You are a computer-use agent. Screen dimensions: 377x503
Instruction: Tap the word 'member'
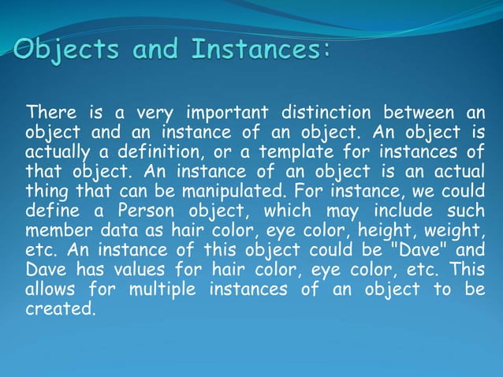pos(55,230)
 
